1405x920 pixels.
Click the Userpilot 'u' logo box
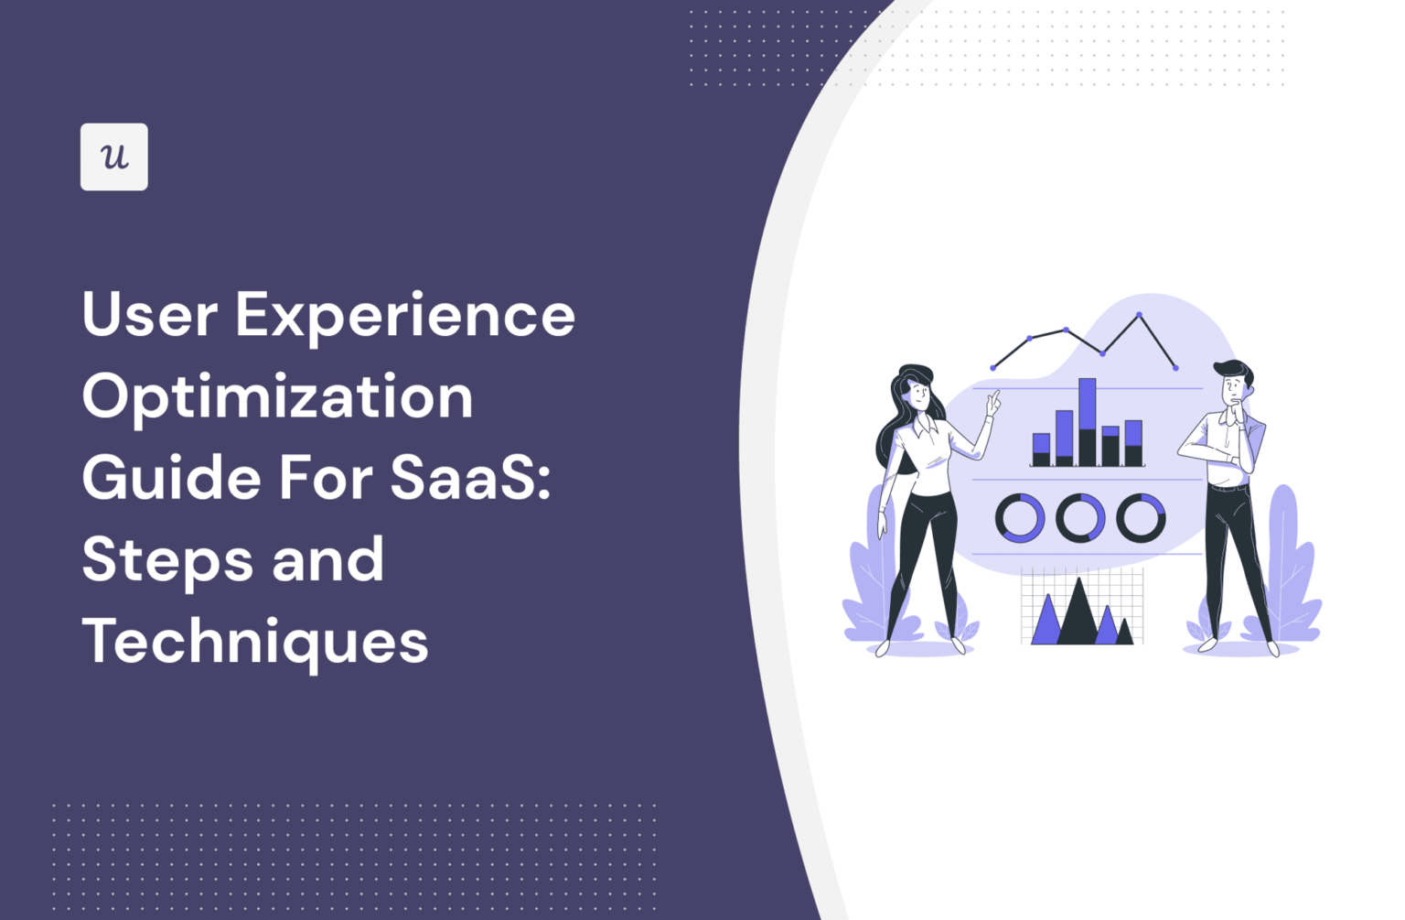(113, 157)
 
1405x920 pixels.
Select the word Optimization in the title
(277, 397)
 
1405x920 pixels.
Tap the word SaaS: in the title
(470, 478)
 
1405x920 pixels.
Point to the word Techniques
(255, 641)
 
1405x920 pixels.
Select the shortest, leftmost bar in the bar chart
(1041, 449)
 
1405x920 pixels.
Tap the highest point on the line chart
(1139, 315)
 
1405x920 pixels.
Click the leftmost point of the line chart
(993, 367)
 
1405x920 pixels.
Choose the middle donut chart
(1080, 517)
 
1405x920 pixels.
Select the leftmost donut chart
(1020, 517)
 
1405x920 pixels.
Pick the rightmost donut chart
(1141, 517)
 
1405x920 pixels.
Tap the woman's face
(917, 395)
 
